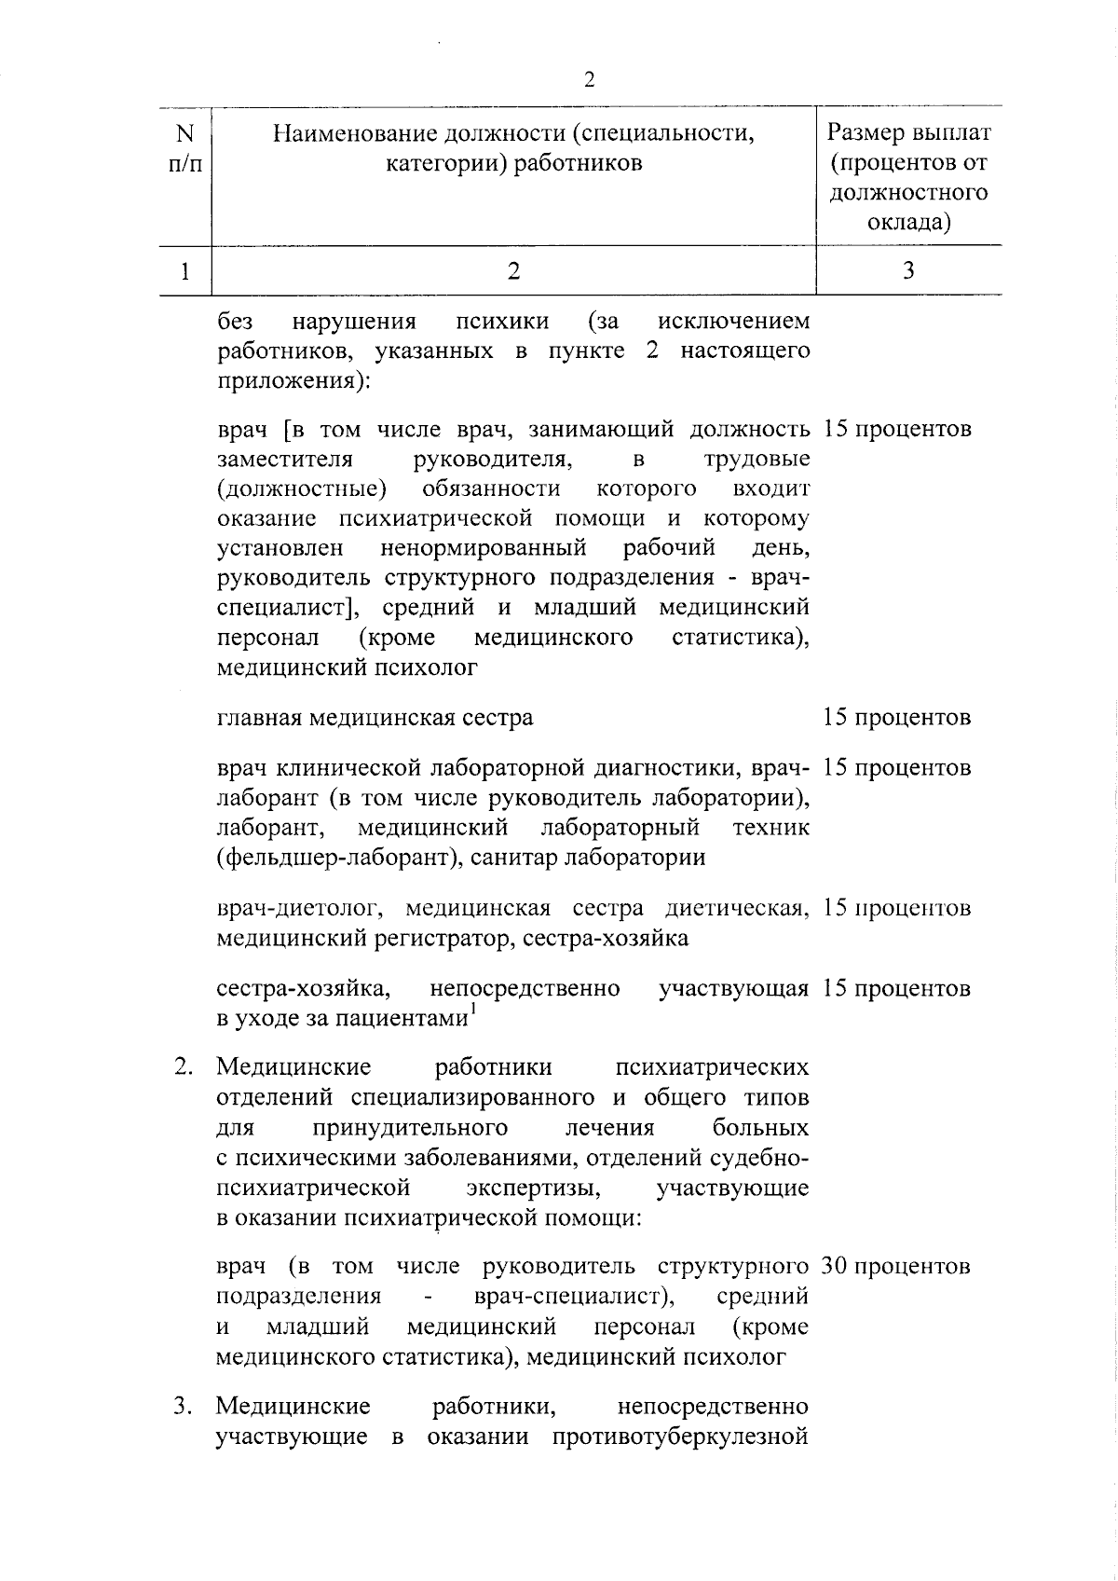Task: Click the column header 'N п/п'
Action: tap(185, 148)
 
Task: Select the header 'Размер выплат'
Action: tap(908, 133)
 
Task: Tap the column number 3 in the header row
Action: tap(908, 270)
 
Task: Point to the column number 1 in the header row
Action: tap(185, 270)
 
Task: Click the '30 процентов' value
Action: tap(896, 1267)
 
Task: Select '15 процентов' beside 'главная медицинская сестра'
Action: tap(896, 718)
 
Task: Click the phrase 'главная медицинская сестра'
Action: tap(375, 718)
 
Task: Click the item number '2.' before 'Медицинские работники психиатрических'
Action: tap(184, 1067)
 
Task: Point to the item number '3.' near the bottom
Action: tap(184, 1406)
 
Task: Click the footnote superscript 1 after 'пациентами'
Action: tap(472, 1010)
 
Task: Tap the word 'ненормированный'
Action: tap(483, 547)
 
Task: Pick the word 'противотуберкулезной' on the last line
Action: tap(679, 1437)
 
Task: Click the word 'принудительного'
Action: tap(410, 1128)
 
